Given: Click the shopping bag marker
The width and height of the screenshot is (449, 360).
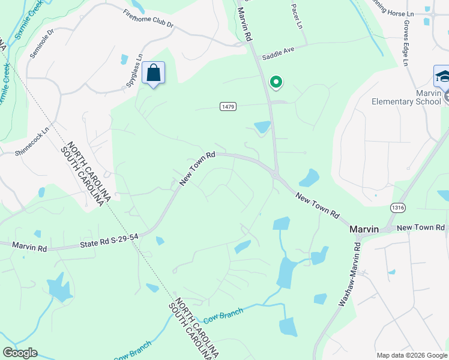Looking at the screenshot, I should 154,74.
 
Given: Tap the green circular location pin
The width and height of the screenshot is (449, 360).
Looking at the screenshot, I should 276,82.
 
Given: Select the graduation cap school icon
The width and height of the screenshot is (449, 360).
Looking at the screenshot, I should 442,76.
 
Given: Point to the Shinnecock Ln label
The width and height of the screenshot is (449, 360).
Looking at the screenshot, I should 31,146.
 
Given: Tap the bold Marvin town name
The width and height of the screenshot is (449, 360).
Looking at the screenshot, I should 364,230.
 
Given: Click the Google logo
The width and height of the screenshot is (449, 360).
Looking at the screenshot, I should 20,353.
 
